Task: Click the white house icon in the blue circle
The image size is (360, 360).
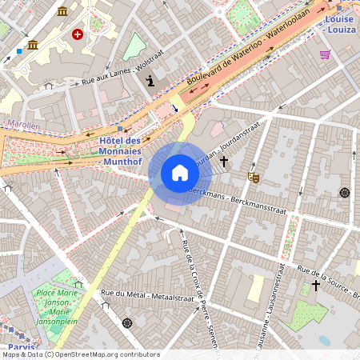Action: [180, 173]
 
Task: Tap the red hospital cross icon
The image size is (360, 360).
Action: [78, 34]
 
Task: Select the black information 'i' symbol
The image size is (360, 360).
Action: [150, 80]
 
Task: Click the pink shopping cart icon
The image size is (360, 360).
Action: [325, 54]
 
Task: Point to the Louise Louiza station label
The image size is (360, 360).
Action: [341, 23]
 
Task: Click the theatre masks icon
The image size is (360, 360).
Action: [254, 176]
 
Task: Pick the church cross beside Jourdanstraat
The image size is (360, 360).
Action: [224, 162]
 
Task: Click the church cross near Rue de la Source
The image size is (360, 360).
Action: [316, 286]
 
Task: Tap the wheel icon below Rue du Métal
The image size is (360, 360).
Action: [126, 323]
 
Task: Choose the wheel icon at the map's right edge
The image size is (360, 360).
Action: [345, 193]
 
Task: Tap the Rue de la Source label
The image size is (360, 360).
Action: [328, 281]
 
